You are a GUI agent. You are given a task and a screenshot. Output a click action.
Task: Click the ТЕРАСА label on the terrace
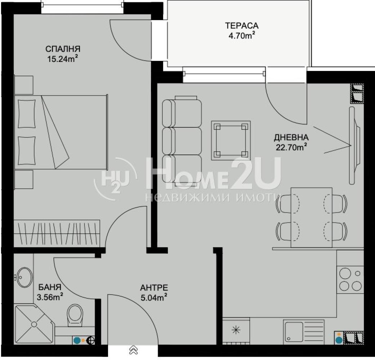coord(242,26)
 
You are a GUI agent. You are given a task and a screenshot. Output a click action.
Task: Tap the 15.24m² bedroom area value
coord(63,59)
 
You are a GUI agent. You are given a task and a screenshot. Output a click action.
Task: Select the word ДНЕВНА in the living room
coord(291,138)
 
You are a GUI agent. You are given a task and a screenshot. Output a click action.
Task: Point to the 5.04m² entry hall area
coord(153,298)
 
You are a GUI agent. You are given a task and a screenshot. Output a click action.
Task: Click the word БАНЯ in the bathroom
coord(50,287)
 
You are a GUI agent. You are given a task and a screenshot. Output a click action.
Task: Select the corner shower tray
coord(34,324)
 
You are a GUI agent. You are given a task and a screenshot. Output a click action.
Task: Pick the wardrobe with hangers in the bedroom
coord(57,233)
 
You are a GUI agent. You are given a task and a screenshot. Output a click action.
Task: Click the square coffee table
coord(231,140)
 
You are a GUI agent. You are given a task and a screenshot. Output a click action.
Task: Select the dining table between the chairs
coord(312,217)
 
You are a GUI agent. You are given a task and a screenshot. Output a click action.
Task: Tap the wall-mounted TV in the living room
coord(354,145)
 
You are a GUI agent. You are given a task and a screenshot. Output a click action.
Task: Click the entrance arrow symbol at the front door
coord(133,350)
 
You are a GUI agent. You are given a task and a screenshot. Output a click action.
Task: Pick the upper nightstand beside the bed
coord(24,85)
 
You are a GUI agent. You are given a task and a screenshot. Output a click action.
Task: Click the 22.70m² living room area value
coord(291,147)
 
